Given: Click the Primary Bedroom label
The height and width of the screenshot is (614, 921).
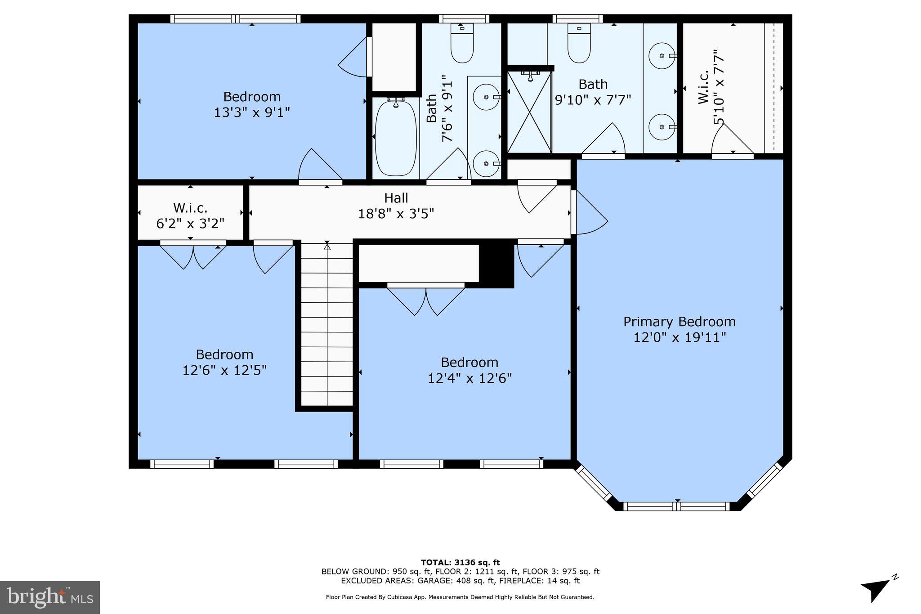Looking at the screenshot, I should point(679,322).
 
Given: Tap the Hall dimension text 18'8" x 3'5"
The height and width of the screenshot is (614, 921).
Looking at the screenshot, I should point(396,213).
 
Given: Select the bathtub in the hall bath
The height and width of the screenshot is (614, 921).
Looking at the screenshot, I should point(396,139).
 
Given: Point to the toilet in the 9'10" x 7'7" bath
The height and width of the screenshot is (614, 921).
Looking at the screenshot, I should point(579,45).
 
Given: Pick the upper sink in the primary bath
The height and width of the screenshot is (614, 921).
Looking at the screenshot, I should point(662,56).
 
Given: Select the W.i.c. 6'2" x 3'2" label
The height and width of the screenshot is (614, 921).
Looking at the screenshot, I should point(190,215).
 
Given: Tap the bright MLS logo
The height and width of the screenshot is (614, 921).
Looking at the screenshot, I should point(49,597).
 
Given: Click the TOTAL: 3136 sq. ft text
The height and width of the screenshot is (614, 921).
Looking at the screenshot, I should point(460,562).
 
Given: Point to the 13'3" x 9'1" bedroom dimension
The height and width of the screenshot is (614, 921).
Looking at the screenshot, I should point(251,112).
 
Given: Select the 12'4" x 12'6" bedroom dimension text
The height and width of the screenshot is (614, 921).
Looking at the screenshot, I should point(469,378).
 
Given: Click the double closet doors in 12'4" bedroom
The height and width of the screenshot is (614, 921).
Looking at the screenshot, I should point(425,299).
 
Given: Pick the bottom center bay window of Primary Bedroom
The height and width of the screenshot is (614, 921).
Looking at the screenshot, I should point(678,506).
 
